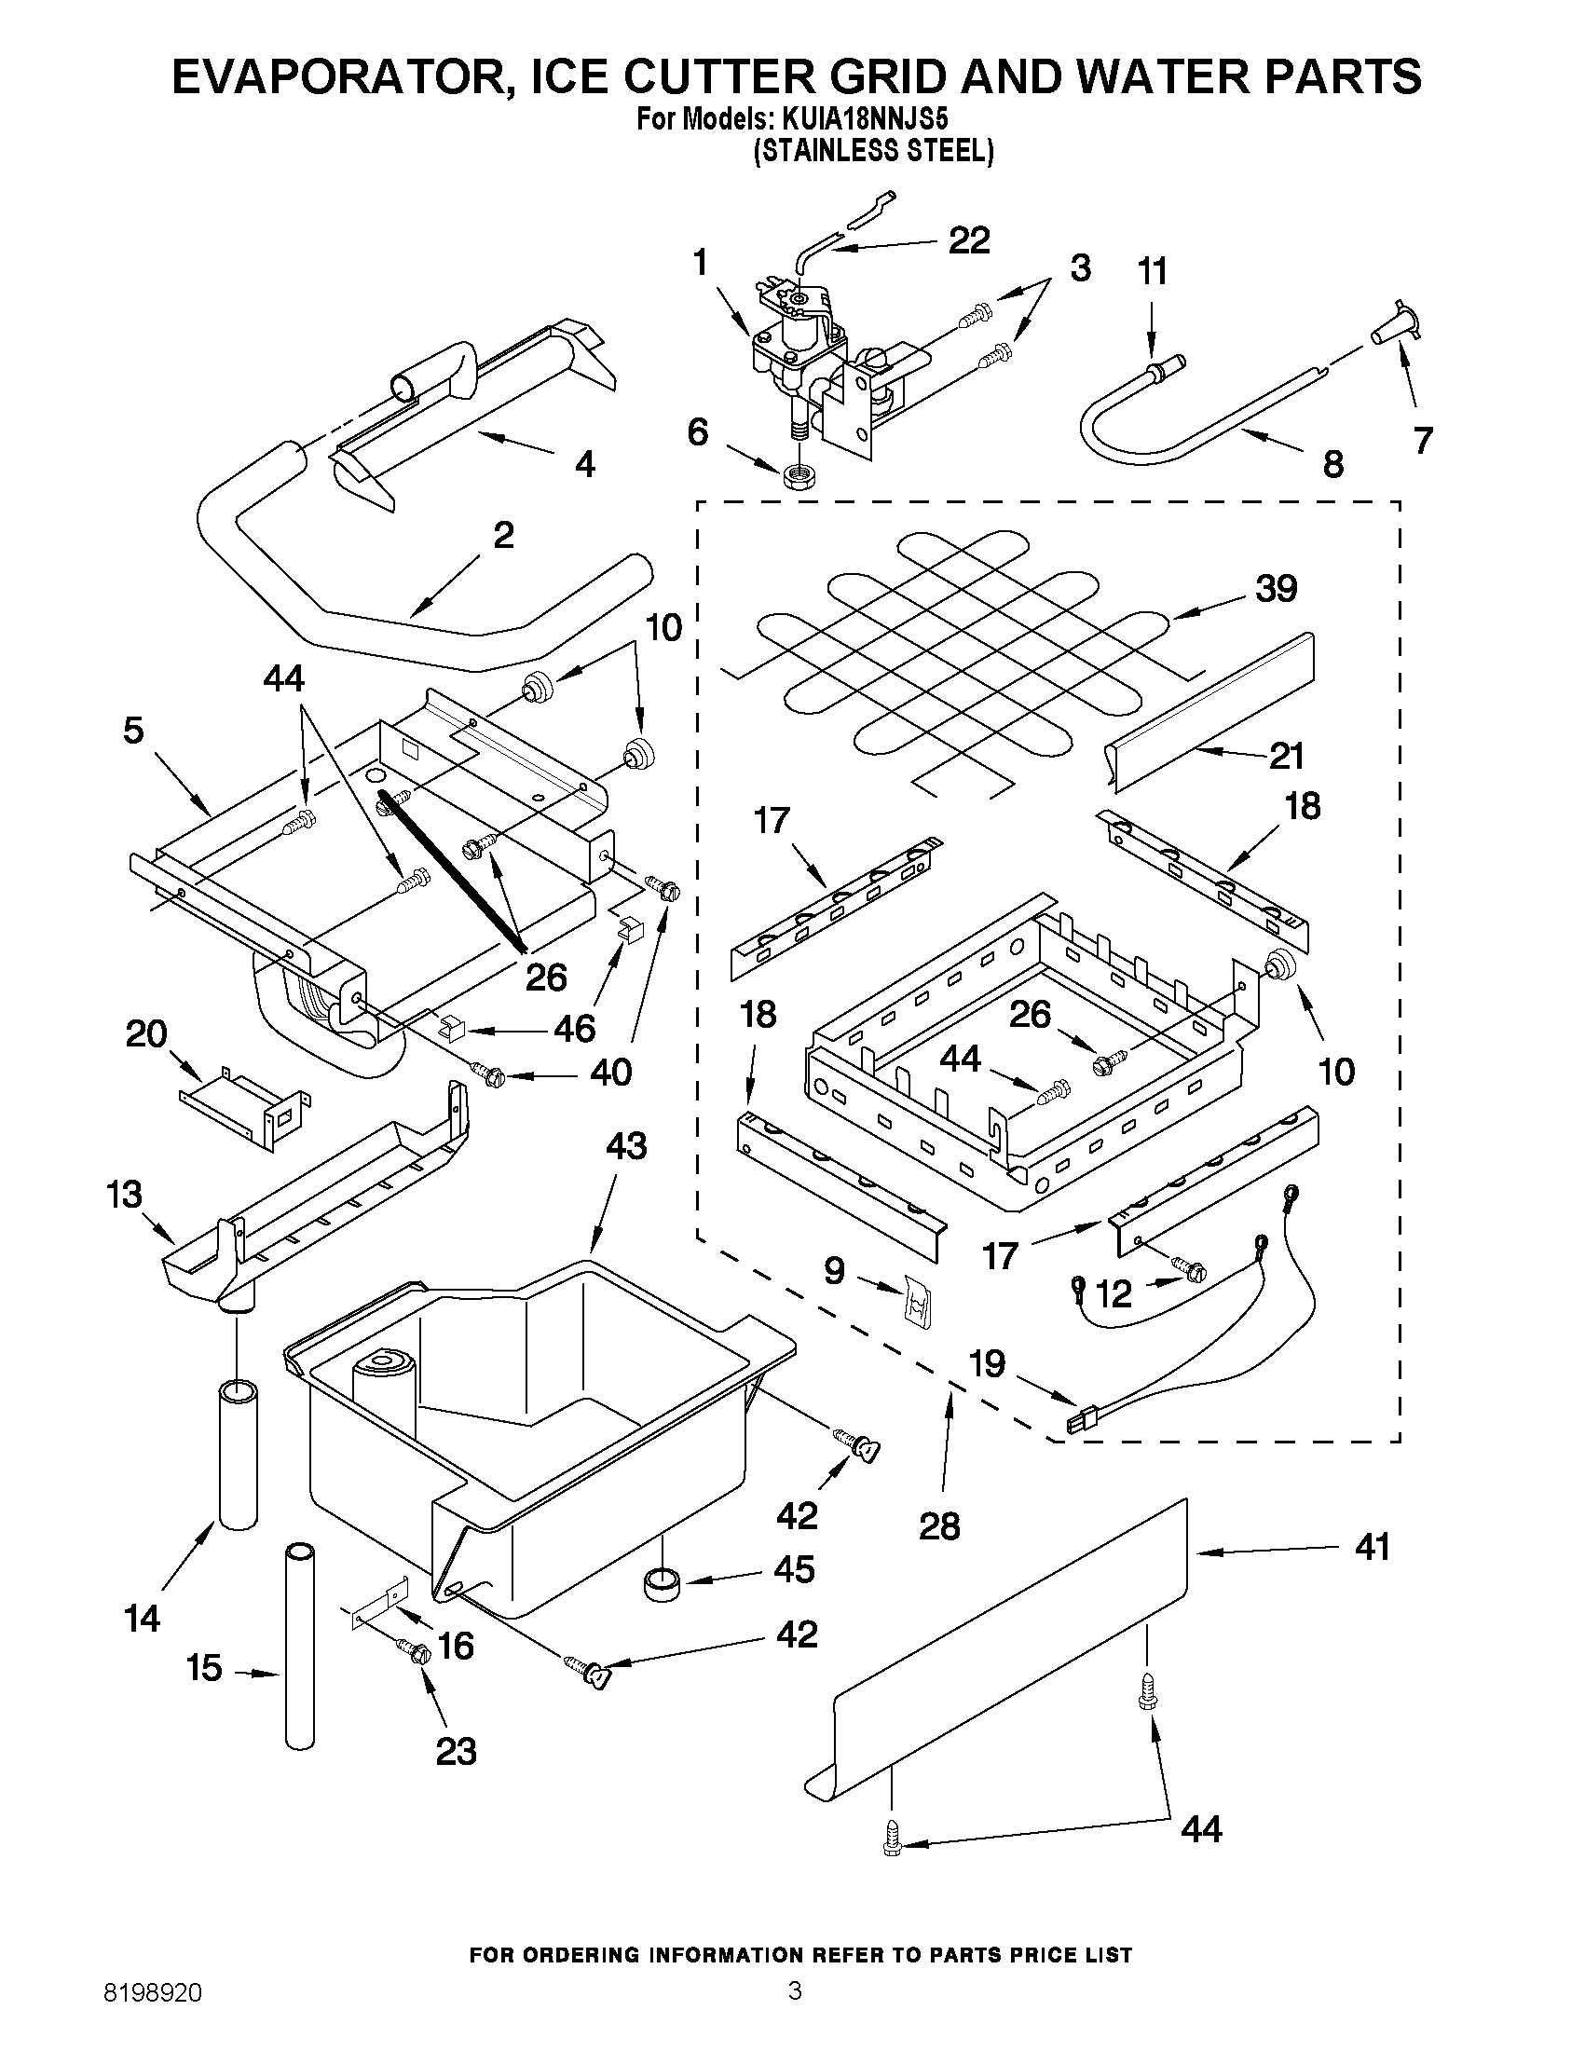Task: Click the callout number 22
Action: pos(968,240)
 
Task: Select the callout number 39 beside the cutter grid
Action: pos(1276,589)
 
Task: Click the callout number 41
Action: pos(1372,1547)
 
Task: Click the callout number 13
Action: pos(124,1195)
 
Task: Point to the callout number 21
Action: pos(1286,755)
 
